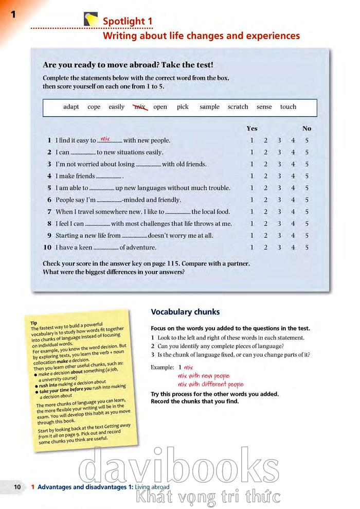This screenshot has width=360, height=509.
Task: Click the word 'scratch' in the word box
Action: pyautogui.click(x=238, y=107)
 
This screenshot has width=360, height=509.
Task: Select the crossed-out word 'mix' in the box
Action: pyautogui.click(x=139, y=107)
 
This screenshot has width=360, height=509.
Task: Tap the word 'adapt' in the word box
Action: pyautogui.click(x=71, y=107)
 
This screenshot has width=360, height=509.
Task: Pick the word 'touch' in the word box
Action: pyautogui.click(x=288, y=107)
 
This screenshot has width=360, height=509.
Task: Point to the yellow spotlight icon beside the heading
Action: pyautogui.click(x=91, y=20)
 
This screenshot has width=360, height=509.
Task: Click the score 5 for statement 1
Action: pyautogui.click(x=307, y=141)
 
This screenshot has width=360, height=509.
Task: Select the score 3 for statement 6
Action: pyautogui.click(x=279, y=200)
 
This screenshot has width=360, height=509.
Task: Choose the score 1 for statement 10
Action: pyautogui.click(x=252, y=248)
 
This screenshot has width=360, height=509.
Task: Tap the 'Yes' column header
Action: pyautogui.click(x=252, y=129)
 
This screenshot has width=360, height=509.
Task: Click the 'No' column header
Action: pyautogui.click(x=307, y=129)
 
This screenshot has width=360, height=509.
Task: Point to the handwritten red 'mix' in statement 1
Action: pyautogui.click(x=105, y=138)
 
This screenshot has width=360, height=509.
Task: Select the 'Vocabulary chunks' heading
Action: pyautogui.click(x=185, y=312)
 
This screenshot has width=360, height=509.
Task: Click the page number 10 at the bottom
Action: pyautogui.click(x=17, y=486)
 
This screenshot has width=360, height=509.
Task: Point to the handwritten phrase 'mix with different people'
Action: pyautogui.click(x=210, y=384)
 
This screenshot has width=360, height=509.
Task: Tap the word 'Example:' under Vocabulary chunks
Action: pyautogui.click(x=163, y=368)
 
